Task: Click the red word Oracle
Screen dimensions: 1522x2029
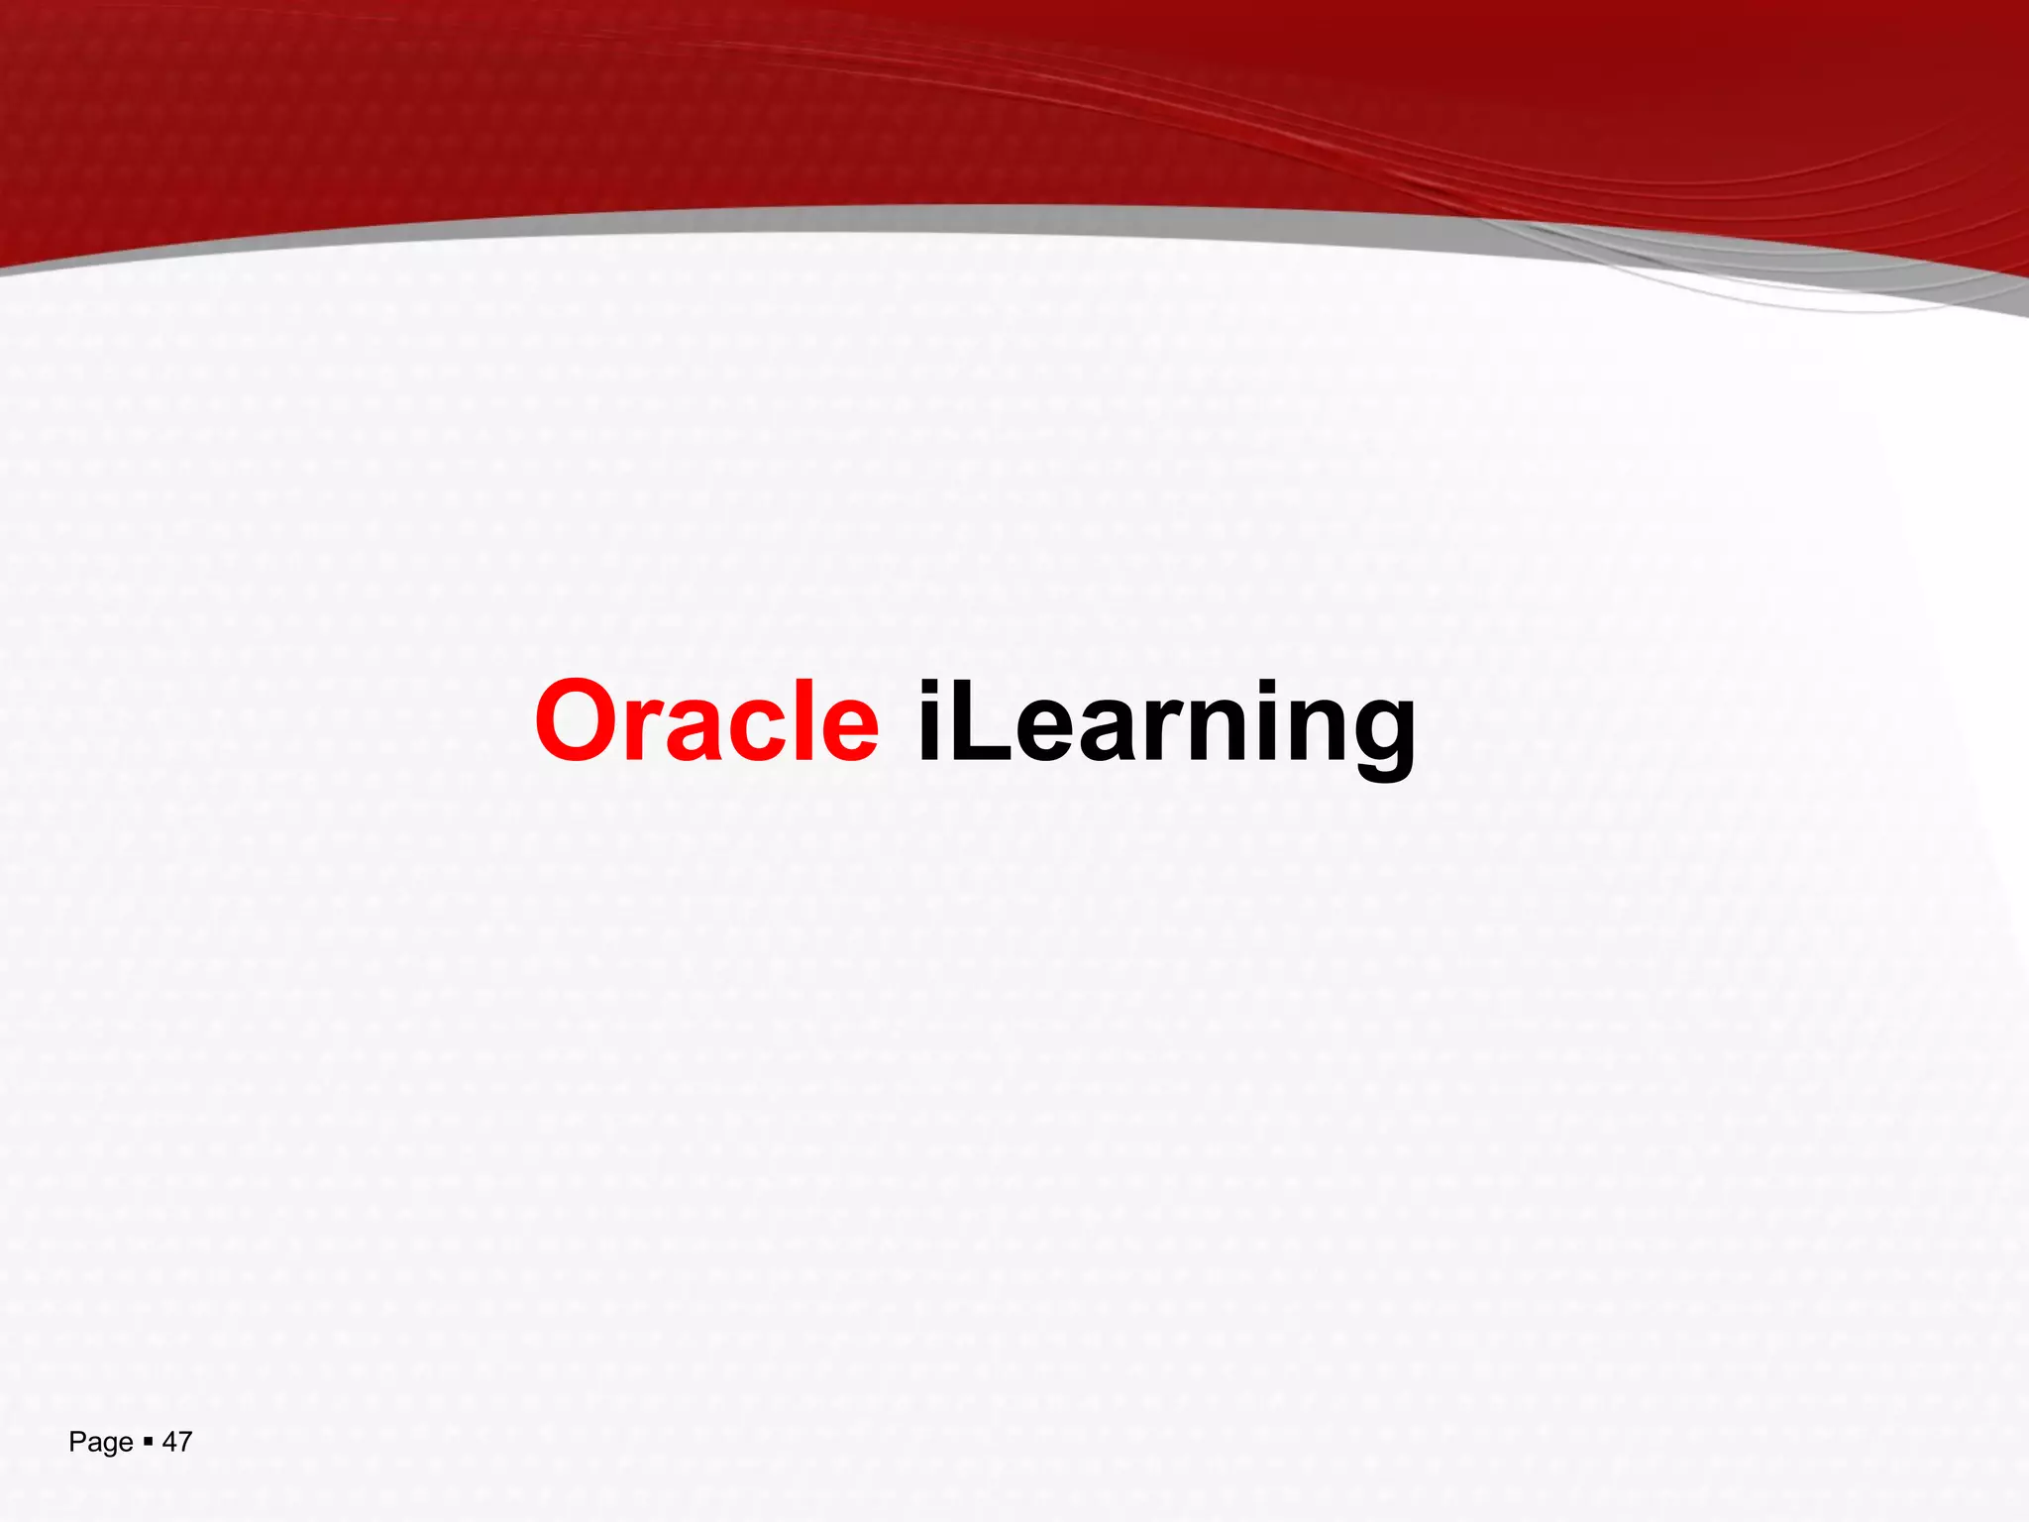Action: pos(706,721)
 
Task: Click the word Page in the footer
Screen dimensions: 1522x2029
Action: pos(100,1443)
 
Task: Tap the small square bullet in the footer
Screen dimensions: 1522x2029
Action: pos(148,1442)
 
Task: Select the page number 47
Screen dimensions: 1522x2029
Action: pos(176,1442)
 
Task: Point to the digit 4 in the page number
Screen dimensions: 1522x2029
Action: pos(169,1442)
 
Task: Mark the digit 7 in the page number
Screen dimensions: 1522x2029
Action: pos(184,1442)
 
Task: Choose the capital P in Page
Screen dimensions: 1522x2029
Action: pos(76,1442)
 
